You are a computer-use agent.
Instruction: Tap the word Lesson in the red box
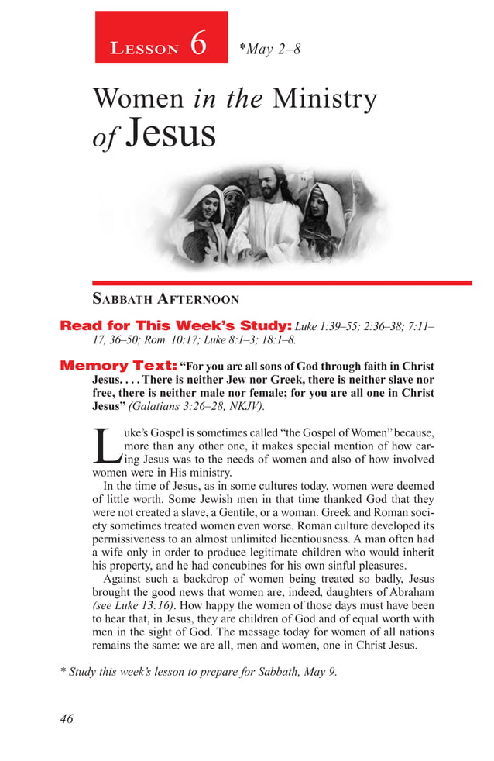pos(145,49)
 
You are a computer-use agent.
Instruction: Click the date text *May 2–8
pos(269,50)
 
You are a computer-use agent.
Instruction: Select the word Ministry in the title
pos(324,99)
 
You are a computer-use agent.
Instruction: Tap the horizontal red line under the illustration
pos(282,283)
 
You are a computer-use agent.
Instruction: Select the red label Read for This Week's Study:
pos(176,325)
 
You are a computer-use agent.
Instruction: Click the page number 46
pos(67,719)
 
